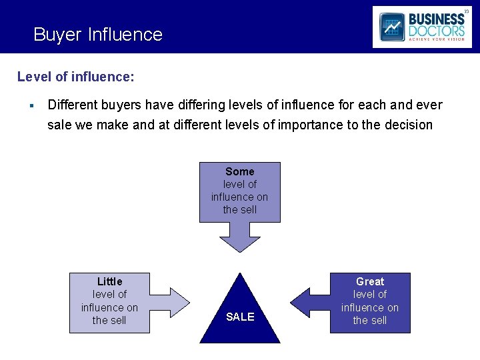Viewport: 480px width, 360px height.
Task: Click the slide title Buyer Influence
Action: point(98,35)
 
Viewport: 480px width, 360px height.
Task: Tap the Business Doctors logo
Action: point(421,27)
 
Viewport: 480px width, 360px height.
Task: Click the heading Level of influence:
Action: point(75,77)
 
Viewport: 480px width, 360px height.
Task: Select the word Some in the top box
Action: point(240,171)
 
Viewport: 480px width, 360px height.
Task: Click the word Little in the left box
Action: point(109,281)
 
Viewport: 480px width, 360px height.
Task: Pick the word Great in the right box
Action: point(370,281)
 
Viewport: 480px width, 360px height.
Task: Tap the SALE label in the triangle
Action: point(240,317)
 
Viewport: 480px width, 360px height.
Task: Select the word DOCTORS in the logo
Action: point(437,31)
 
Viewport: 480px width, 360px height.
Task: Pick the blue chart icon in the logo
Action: point(392,27)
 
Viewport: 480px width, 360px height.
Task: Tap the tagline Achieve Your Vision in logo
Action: point(437,39)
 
